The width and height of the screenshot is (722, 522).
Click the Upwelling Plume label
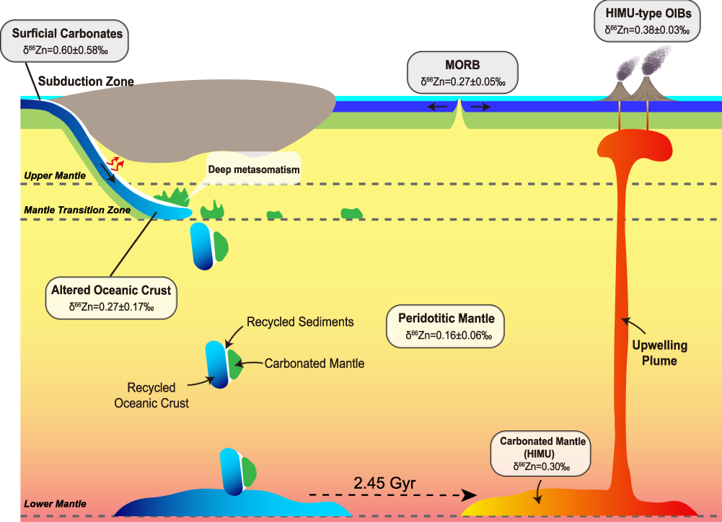tap(659, 353)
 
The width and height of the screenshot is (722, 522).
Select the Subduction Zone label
tap(86, 81)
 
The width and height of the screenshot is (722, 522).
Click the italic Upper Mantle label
tap(54, 175)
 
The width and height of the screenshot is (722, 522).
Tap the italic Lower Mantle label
tap(54, 503)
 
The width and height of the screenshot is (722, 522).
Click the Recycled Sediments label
tap(300, 322)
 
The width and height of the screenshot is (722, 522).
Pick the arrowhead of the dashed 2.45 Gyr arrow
tap(470, 495)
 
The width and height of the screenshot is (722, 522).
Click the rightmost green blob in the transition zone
tap(351, 213)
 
